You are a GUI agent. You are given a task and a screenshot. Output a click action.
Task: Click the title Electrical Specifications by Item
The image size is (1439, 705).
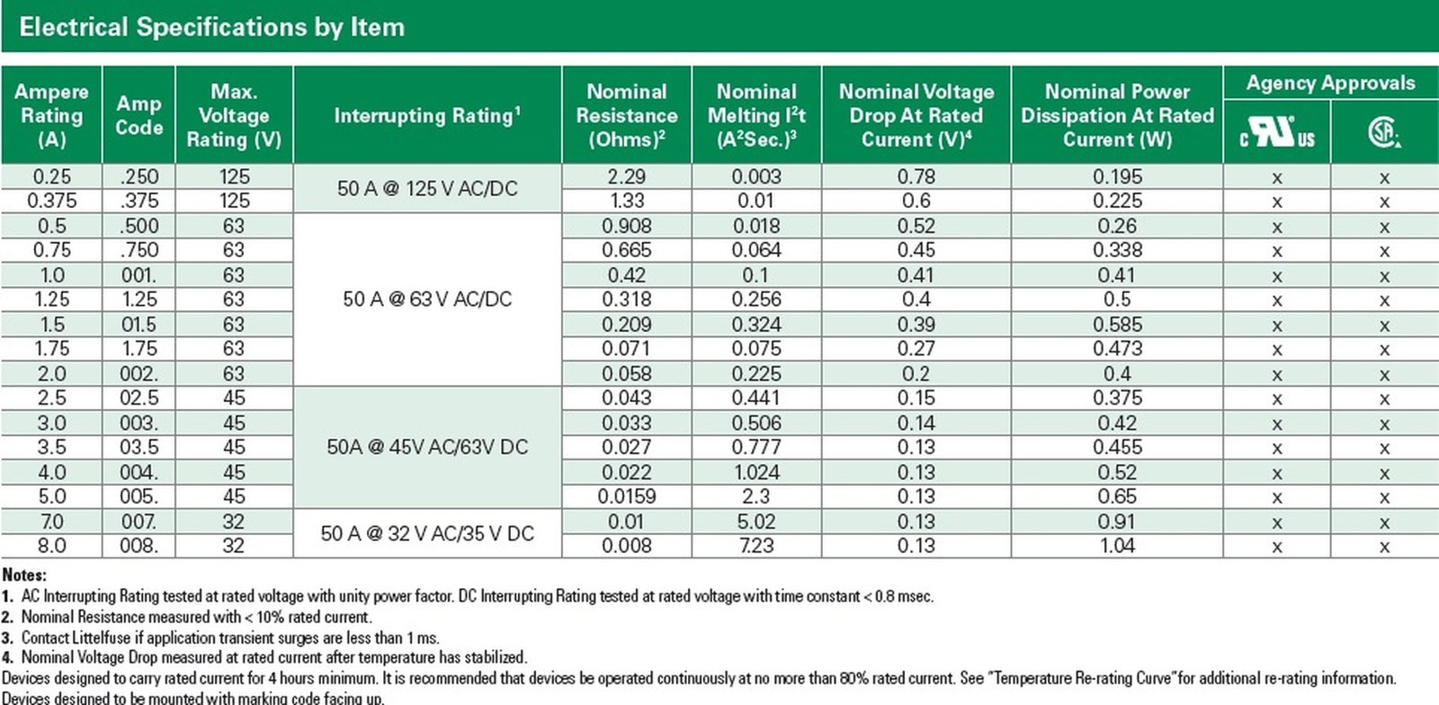212,27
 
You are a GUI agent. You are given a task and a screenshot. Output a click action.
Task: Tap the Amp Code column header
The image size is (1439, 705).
139,116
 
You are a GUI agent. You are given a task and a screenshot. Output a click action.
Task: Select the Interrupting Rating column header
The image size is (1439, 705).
427,116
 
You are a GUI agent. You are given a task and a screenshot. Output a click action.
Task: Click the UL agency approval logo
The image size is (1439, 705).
1277,132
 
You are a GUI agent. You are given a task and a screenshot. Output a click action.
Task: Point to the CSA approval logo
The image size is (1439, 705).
1384,132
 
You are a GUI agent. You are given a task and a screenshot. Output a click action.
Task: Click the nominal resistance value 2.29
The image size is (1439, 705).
626,176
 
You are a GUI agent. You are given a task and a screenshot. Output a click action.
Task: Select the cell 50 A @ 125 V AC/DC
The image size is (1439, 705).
427,188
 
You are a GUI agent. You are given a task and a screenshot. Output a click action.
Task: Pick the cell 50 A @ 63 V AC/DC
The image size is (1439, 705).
427,299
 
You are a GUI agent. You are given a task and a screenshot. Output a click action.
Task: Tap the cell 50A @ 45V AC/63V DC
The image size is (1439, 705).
427,447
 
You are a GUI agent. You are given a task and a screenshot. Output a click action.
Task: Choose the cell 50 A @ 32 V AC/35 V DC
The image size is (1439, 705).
427,533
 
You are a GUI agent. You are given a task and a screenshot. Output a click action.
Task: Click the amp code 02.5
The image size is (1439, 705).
139,398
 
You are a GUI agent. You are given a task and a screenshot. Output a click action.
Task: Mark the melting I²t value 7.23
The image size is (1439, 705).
756,546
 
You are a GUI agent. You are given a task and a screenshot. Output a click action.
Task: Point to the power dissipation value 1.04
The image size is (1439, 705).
1117,546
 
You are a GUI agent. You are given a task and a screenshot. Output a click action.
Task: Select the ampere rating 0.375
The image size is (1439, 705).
51,201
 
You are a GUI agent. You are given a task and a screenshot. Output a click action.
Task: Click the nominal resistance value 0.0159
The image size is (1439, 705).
626,496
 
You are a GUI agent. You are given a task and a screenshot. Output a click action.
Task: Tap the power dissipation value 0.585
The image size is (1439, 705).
1117,325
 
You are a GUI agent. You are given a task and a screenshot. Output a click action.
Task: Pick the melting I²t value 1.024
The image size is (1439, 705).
756,473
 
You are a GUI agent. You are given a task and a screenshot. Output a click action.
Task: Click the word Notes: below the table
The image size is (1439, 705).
24,575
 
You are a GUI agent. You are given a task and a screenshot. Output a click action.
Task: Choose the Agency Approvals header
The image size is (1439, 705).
1330,83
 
